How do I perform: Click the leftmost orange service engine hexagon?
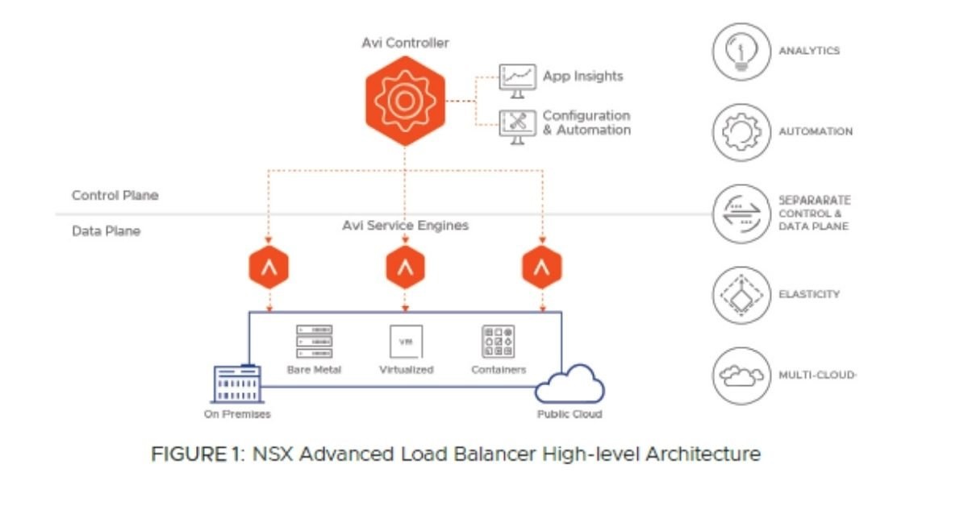coord(269,268)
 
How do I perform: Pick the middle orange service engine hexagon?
coord(405,268)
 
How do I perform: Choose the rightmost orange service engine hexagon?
coord(542,268)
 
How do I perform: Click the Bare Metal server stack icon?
coord(314,342)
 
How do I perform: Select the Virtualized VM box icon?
coord(406,342)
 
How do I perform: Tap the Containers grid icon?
coord(498,342)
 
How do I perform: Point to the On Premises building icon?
coord(236,384)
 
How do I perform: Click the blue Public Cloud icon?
coord(570,384)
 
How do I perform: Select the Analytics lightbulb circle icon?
coord(741,52)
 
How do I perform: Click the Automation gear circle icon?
coord(741,132)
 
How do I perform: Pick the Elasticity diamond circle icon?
coord(741,295)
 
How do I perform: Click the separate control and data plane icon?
coord(741,214)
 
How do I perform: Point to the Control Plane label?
coord(115,196)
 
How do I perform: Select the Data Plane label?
coord(106,231)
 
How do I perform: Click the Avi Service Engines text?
coord(405,226)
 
